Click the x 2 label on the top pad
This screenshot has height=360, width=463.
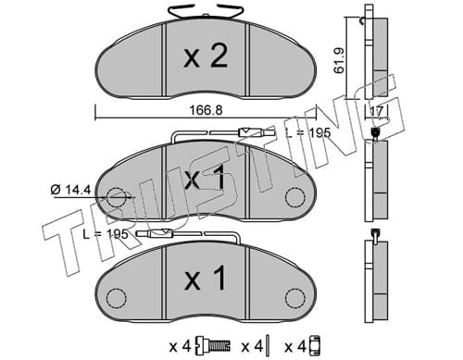coord(206,56)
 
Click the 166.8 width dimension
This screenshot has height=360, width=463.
coord(206,110)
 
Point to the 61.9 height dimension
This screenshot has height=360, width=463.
coord(339,60)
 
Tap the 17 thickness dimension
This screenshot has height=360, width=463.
coord(377,111)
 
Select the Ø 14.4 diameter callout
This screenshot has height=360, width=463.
coord(70,190)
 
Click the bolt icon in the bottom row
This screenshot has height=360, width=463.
coord(213,346)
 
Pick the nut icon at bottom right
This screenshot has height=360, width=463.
coord(314,346)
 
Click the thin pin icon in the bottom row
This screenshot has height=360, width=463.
coord(269,346)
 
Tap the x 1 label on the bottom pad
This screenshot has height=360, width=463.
coord(205,279)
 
